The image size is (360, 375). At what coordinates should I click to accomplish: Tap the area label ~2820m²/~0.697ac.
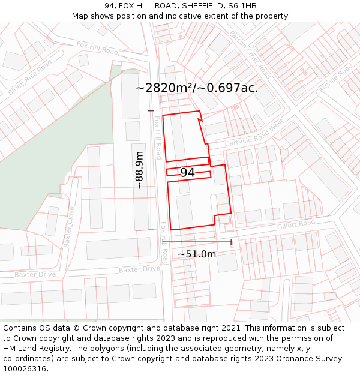click(x=197, y=88)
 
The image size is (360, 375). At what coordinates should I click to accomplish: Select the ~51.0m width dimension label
click(x=197, y=254)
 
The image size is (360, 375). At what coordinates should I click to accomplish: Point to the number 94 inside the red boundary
click(x=187, y=173)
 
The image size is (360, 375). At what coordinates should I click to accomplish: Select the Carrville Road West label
click(x=253, y=135)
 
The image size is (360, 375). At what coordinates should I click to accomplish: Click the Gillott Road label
click(x=296, y=224)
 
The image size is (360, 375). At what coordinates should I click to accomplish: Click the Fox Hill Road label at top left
click(x=97, y=48)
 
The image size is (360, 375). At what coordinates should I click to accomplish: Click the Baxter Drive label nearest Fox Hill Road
click(x=139, y=269)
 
